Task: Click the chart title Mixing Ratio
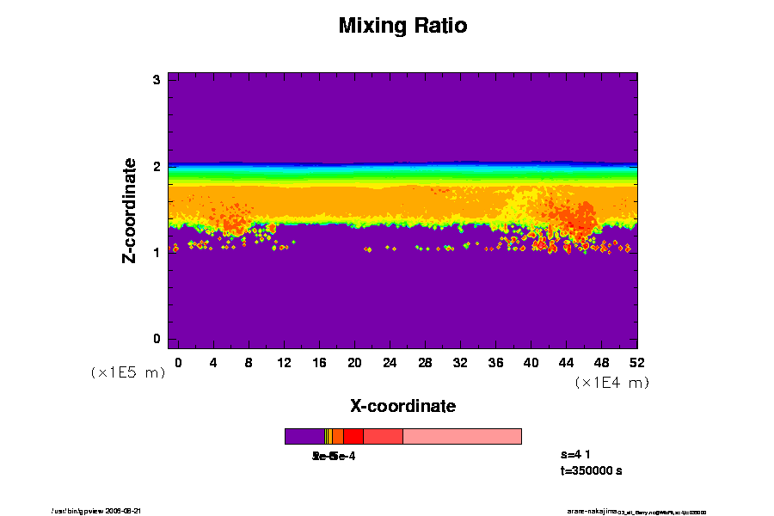(402, 26)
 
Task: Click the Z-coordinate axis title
(130, 210)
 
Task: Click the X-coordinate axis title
(402, 406)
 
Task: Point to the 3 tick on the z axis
(157, 80)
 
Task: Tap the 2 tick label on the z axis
(157, 167)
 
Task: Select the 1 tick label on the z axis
(157, 253)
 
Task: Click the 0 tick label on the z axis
(157, 339)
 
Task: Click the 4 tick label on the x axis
(213, 362)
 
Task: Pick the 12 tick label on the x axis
(284, 362)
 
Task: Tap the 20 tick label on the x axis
(354, 362)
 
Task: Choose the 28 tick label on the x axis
(425, 362)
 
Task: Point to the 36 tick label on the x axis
(495, 362)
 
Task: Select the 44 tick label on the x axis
(566, 362)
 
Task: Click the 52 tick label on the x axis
(636, 362)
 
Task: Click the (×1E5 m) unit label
(127, 372)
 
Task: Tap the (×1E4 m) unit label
(611, 382)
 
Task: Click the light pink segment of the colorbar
(462, 436)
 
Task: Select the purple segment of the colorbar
(304, 436)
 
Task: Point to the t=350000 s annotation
(591, 470)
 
